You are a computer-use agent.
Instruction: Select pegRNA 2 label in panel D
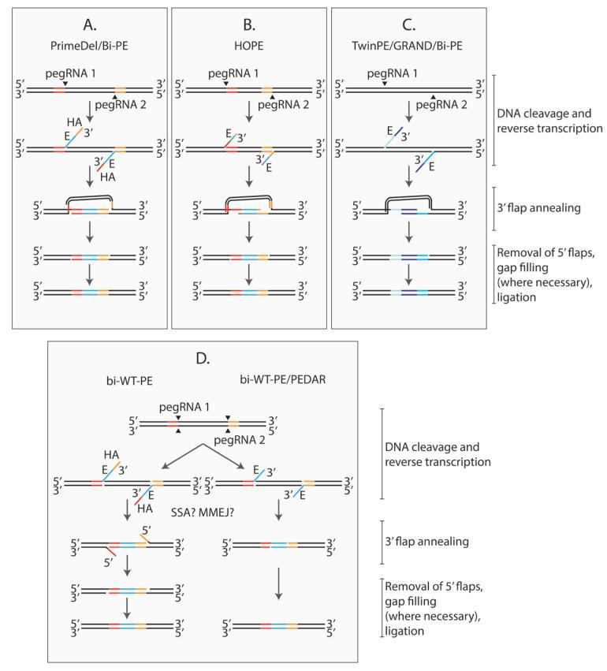point(228,443)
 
